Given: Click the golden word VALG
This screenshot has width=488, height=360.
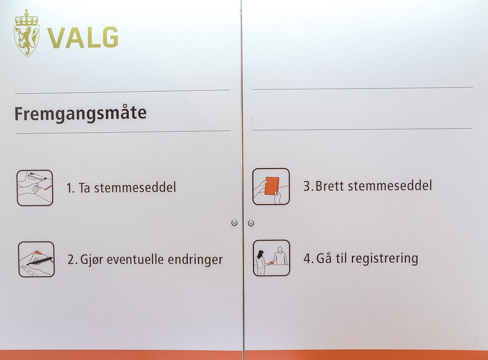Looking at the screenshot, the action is click(x=83, y=38).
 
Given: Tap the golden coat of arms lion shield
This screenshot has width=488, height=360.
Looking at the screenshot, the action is click(x=26, y=40).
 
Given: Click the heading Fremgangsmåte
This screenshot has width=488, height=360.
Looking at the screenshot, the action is click(x=80, y=114).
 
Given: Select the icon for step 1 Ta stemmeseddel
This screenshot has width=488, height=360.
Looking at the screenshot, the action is click(x=35, y=188).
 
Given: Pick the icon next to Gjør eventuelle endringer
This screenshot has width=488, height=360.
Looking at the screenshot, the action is click(x=37, y=259).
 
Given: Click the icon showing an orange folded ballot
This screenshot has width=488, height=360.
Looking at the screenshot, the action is click(x=271, y=186).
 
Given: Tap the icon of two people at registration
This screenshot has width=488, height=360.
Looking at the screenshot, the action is click(x=271, y=258).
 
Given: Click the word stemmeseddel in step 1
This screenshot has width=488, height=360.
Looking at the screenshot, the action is click(x=135, y=188).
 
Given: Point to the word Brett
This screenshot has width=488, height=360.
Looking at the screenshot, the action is click(x=330, y=186).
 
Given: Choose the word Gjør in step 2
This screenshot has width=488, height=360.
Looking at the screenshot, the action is click(x=92, y=260).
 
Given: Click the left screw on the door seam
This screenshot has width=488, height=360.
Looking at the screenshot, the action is click(x=235, y=222).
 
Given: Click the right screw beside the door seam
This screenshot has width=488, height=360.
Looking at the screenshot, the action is click(x=251, y=223).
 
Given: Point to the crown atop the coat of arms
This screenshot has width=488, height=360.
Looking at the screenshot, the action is click(x=26, y=18).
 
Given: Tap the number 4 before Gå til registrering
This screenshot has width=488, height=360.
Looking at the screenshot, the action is click(x=307, y=259).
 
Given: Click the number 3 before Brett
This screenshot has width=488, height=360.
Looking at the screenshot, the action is click(x=307, y=186).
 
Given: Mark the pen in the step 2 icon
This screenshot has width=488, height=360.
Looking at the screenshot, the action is click(x=39, y=261).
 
